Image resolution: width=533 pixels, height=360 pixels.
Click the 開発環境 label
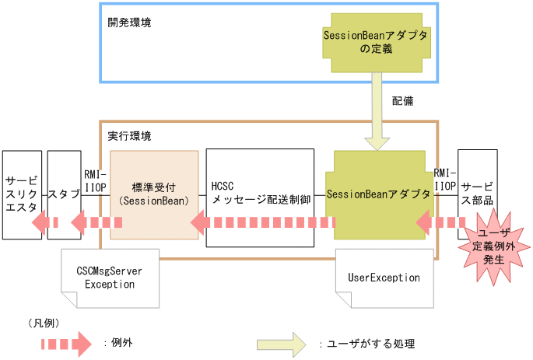pos(129,22)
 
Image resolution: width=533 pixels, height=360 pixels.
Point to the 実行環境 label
pos(129,135)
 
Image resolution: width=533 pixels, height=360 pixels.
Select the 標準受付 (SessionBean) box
pos(154,194)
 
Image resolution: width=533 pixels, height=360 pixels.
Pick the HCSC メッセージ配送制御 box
pos(261,194)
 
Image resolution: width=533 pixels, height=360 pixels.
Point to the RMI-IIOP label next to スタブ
pos(95,180)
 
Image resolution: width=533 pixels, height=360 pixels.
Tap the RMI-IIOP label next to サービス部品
pos(445,180)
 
